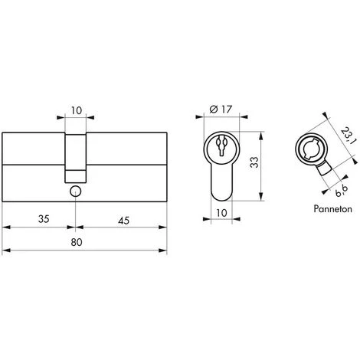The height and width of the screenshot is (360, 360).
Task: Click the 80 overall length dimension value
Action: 85,243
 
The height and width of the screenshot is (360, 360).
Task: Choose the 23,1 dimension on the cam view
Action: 346,140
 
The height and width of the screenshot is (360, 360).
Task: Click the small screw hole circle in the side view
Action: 75,191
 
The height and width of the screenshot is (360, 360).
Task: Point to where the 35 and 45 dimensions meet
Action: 75,227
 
